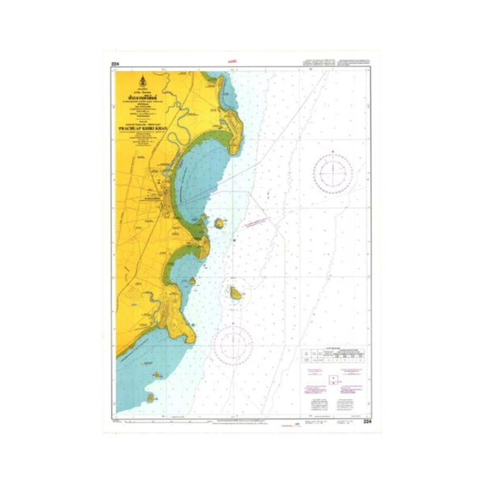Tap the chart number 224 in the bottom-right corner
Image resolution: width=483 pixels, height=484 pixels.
[368, 422]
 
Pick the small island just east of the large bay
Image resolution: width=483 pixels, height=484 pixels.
[219, 223]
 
